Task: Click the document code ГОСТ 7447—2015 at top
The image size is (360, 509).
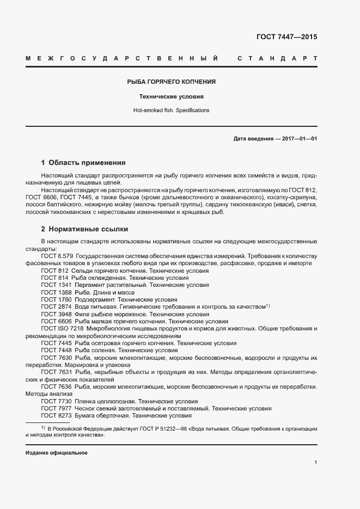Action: coord(286,38)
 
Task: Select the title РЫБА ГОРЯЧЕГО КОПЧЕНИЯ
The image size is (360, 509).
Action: coord(171,82)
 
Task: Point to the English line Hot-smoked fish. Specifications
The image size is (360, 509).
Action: coord(171,110)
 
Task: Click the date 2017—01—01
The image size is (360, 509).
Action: coord(300,139)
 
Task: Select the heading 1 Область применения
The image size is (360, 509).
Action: coord(83,162)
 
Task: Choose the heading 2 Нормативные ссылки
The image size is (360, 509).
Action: coord(84,229)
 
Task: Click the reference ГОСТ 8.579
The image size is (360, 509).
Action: coord(57,256)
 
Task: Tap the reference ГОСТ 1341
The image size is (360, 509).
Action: coord(56,285)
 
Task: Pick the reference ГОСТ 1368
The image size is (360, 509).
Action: coord(56,292)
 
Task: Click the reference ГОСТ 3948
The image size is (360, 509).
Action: coord(56,314)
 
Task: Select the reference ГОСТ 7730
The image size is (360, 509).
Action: coord(56,401)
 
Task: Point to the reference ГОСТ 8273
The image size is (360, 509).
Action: coord(56,415)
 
